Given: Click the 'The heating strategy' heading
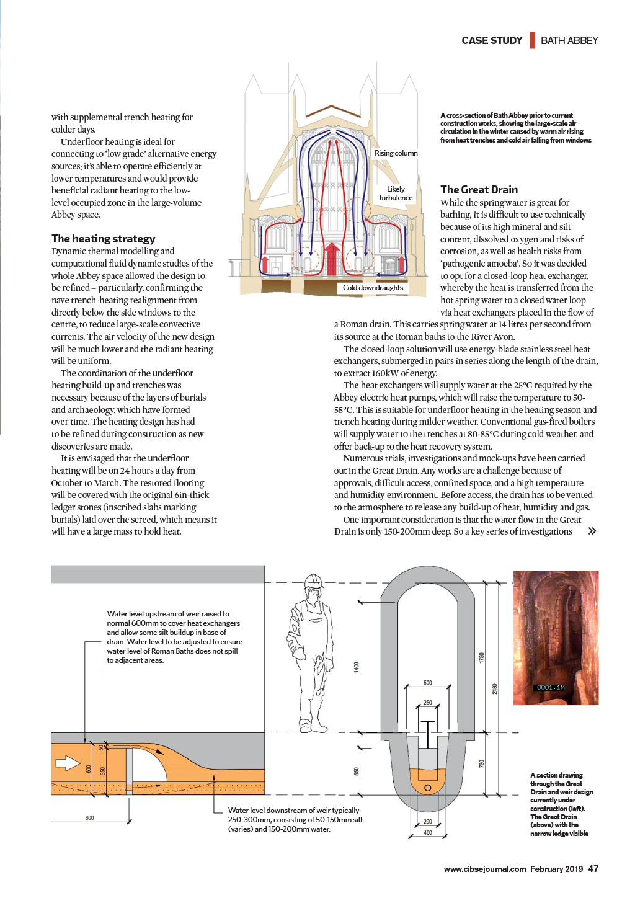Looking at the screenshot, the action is coord(103,239).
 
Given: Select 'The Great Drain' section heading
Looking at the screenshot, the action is coord(479,190).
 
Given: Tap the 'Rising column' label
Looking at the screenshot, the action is coord(396,153).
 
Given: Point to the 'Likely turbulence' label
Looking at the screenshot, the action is coord(396,193).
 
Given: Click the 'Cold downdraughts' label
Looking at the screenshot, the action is coord(373,287).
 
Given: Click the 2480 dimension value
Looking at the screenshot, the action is coord(495,688).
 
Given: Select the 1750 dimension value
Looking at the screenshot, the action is coord(482,657).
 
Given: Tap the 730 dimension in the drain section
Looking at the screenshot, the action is coord(482,763).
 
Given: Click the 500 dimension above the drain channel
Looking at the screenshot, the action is coord(428,682).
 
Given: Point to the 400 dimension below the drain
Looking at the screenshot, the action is coord(428,833).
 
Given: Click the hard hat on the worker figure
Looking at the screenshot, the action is coord(314,581).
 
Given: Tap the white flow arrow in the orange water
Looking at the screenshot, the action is coord(68,763).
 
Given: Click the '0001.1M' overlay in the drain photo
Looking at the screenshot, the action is coord(551,687).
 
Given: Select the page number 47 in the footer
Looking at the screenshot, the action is coord(593,868).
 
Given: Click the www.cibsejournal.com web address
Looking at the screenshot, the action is coord(485,869).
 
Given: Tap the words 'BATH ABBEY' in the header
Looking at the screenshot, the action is coord(569,40).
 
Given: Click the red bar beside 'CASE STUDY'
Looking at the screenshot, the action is coord(533,40).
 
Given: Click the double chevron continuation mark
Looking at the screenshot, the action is coord(592,531).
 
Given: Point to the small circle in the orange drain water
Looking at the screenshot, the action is coord(428,788).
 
